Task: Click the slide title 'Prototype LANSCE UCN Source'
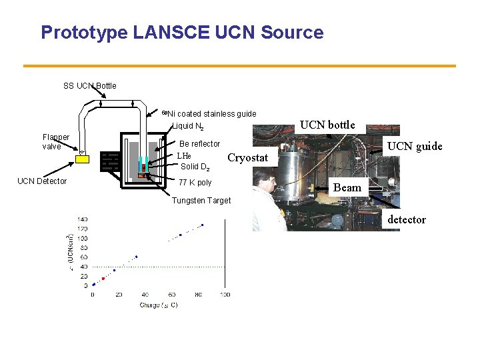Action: pyautogui.click(x=182, y=33)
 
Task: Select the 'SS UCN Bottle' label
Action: pyautogui.click(x=89, y=85)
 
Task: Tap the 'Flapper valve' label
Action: pyautogui.click(x=56, y=142)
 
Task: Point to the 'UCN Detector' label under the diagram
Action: pyautogui.click(x=42, y=181)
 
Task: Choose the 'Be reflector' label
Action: pyautogui.click(x=200, y=144)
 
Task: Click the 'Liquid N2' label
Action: pyautogui.click(x=188, y=127)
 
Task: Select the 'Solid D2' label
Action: pyautogui.click(x=195, y=167)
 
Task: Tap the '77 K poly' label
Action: pyautogui.click(x=195, y=183)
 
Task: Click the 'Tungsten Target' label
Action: pyautogui.click(x=201, y=201)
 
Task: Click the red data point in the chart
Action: pyautogui.click(x=103, y=279)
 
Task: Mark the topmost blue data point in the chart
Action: pyautogui.click(x=202, y=225)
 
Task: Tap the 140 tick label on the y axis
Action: pyautogui.click(x=82, y=219)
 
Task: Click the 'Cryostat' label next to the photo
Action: pyautogui.click(x=247, y=158)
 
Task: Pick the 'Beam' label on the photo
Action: pyautogui.click(x=347, y=188)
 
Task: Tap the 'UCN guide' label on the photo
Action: pyautogui.click(x=415, y=147)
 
